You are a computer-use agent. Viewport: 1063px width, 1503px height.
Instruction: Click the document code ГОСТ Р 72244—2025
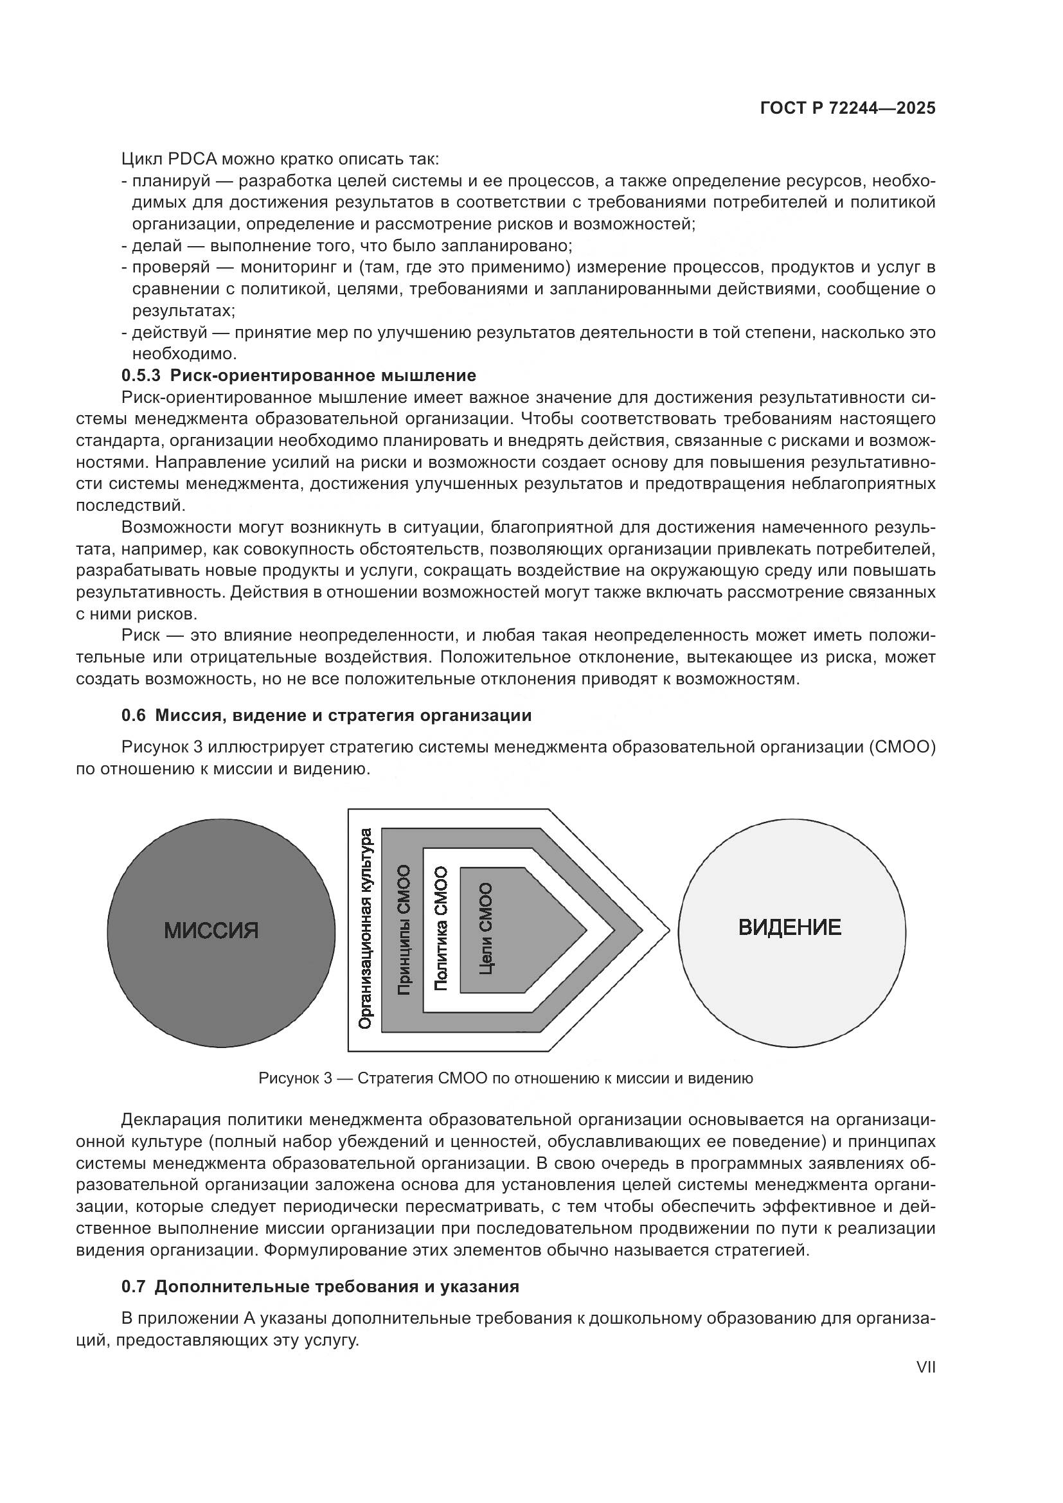coord(847,109)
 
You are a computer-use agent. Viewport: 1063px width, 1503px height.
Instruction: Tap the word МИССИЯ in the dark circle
coord(211,930)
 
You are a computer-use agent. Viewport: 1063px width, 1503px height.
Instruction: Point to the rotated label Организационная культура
coord(366,929)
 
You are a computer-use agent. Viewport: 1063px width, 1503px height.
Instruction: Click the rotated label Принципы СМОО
coord(404,930)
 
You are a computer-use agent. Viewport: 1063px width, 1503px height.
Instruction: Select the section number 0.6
coord(134,715)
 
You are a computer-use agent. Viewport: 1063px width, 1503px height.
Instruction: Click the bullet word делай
coord(156,246)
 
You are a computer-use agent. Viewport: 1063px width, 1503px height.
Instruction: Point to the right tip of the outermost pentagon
coord(669,930)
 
